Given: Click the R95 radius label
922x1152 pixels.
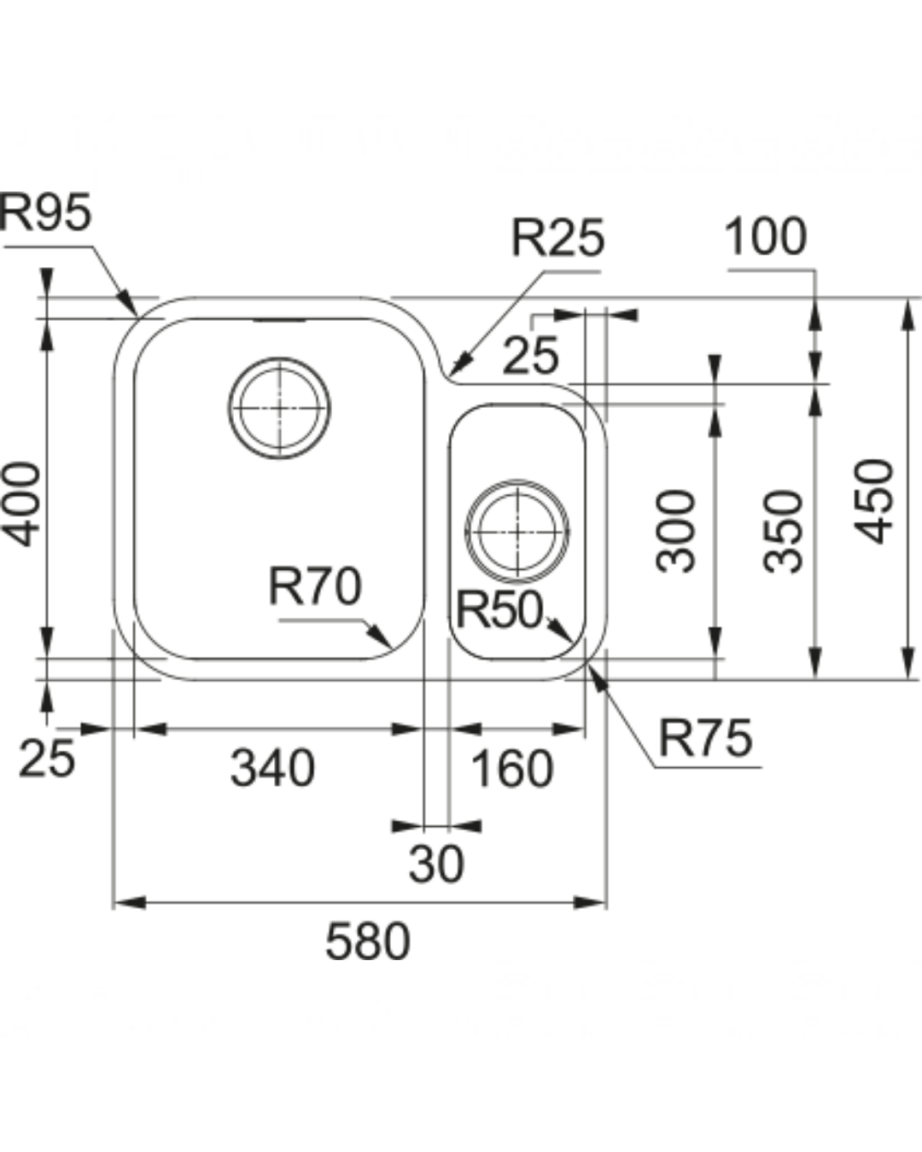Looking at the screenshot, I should tap(45, 212).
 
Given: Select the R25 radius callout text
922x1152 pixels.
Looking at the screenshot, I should tap(557, 238).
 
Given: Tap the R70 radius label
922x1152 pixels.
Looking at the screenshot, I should tap(314, 587).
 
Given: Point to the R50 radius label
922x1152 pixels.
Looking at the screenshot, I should tap(499, 609).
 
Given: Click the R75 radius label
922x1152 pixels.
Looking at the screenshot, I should tap(705, 737).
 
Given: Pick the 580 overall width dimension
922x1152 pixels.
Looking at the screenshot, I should tap(368, 942).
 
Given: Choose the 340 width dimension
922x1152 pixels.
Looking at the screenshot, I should tap(272, 767).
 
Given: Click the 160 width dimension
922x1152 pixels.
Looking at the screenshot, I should tap(512, 768).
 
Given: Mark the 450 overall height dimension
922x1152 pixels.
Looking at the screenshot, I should tap(875, 501).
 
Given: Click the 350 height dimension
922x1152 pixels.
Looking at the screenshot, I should tap(784, 530).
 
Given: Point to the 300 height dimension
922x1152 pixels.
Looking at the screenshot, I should tap(676, 530).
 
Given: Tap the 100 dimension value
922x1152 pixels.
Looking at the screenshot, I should tap(765, 237).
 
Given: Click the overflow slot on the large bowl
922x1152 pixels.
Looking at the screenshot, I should tap(278, 321).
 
